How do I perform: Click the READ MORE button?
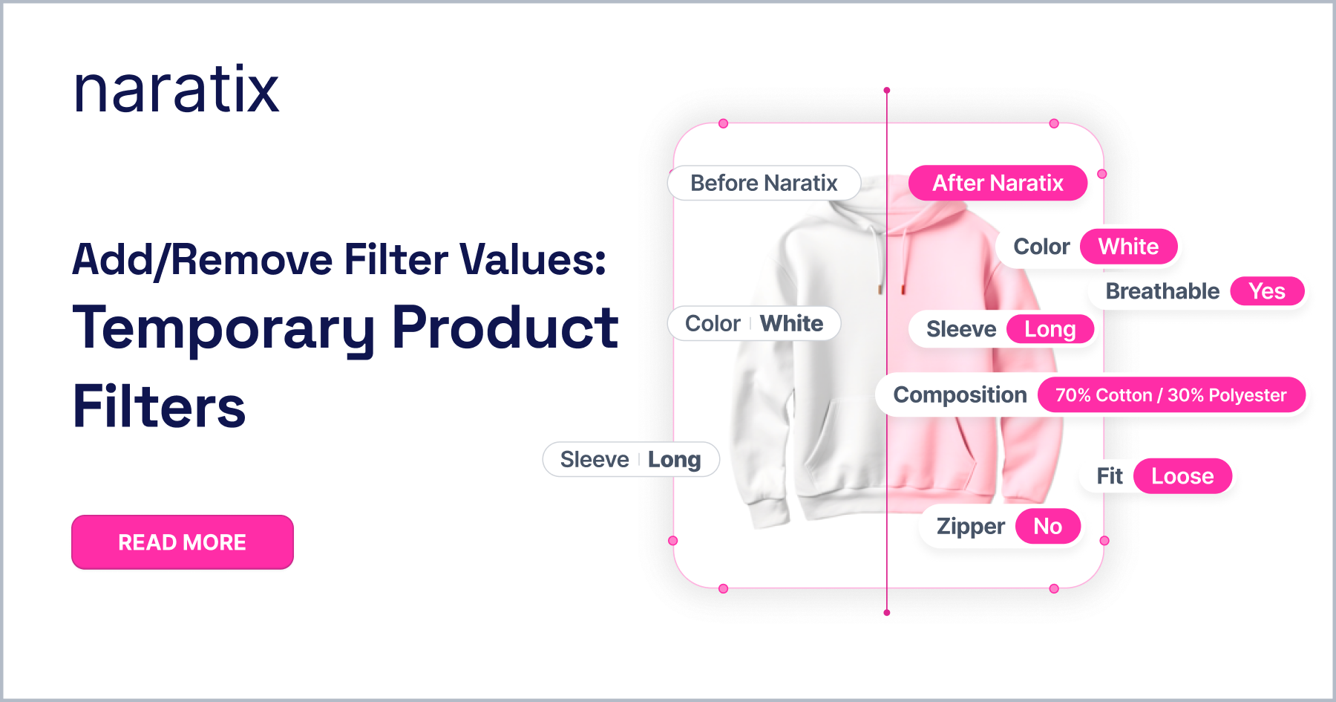[x=183, y=542]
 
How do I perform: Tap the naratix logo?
[x=177, y=90]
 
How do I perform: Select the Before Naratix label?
[x=764, y=183]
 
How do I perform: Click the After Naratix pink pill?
[x=998, y=183]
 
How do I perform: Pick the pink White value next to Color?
[x=1129, y=247]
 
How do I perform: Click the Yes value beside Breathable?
[x=1267, y=291]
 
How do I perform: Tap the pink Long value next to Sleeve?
[x=1050, y=329]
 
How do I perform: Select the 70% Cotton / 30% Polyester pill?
[x=1171, y=395]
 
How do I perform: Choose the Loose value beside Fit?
[x=1183, y=476]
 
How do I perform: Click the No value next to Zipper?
[x=1048, y=527]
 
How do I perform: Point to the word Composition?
[x=960, y=395]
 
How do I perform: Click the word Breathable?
[x=1162, y=291]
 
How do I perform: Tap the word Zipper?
[x=971, y=527]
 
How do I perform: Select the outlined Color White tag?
[x=754, y=324]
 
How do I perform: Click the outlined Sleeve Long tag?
[x=631, y=460]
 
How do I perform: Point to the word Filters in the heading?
[x=159, y=406]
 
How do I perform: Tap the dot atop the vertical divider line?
[x=887, y=91]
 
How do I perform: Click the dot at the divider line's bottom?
[x=887, y=613]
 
